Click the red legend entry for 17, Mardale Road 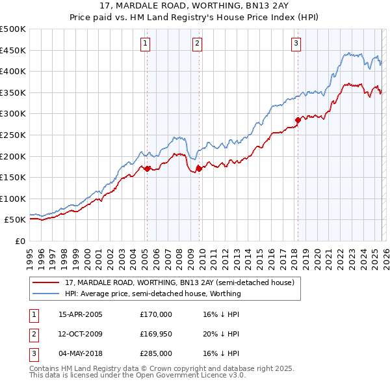point(179,282)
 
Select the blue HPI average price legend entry point(153,294)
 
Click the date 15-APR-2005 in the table point(81,314)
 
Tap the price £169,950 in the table point(156,334)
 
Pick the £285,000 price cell point(156,353)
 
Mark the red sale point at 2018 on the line point(298,120)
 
